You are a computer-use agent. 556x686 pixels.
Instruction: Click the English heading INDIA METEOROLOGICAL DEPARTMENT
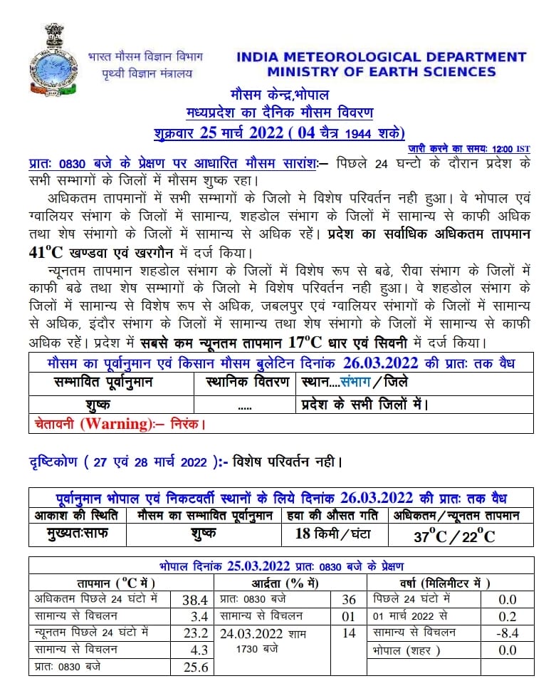381,57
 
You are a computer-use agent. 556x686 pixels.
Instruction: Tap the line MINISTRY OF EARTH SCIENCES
382,72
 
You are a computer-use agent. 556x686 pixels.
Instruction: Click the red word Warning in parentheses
115,424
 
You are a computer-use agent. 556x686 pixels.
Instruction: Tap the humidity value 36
348,600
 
